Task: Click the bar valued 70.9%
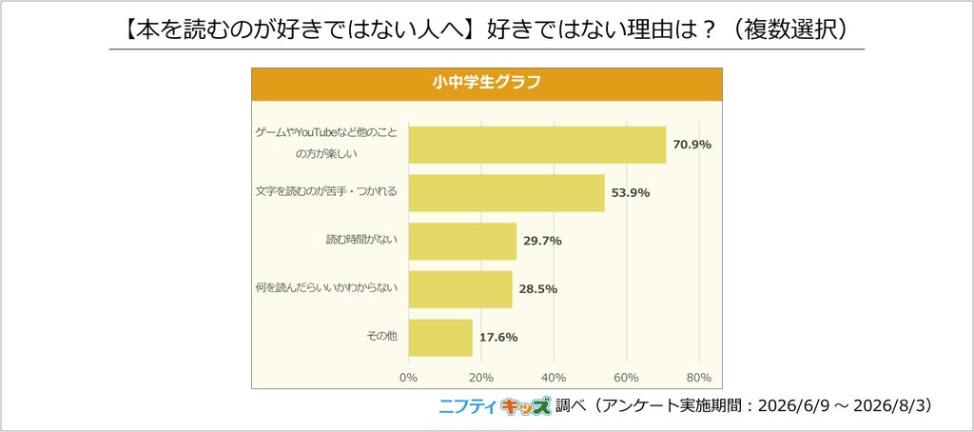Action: click(x=537, y=145)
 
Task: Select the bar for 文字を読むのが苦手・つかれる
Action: click(x=507, y=193)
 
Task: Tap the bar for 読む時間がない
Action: click(x=463, y=241)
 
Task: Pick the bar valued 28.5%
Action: click(x=460, y=289)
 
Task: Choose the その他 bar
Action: click(x=440, y=338)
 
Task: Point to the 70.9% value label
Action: click(x=692, y=145)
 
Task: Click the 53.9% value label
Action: click(x=631, y=193)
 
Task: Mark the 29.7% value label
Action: click(x=542, y=241)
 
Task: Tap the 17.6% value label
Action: click(x=498, y=338)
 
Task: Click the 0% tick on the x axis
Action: click(x=408, y=378)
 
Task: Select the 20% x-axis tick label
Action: click(x=480, y=378)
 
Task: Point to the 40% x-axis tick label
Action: click(x=554, y=378)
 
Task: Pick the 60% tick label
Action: click(x=626, y=378)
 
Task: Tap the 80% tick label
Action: click(x=699, y=378)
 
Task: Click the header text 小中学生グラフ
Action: click(x=486, y=83)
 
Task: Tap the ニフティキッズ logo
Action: click(x=495, y=406)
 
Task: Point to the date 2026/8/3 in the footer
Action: click(x=892, y=405)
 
